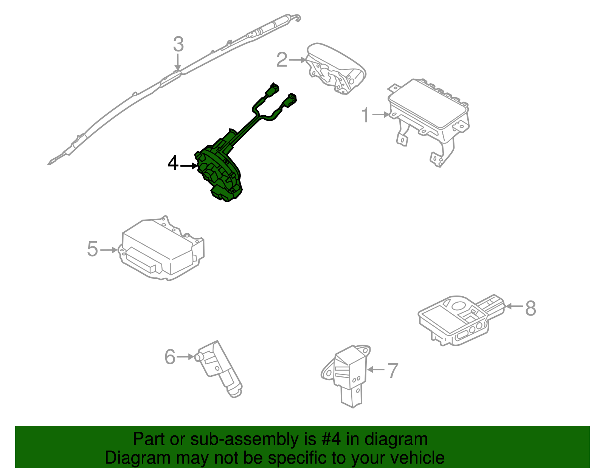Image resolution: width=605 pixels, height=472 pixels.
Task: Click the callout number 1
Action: pyautogui.click(x=365, y=115)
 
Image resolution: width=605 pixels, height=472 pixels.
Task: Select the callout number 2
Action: pyautogui.click(x=282, y=60)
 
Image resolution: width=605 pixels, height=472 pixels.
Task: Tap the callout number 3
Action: pyautogui.click(x=178, y=44)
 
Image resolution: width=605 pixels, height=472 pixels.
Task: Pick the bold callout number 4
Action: pyautogui.click(x=173, y=164)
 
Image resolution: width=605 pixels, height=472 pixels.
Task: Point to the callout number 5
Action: pyautogui.click(x=93, y=249)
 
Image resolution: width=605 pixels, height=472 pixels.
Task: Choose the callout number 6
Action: pyautogui.click(x=170, y=357)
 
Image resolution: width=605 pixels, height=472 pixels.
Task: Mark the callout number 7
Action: pyautogui.click(x=393, y=370)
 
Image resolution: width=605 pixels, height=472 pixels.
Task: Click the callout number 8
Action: pyautogui.click(x=531, y=308)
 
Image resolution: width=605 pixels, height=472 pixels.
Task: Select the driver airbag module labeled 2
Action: pyautogui.click(x=335, y=68)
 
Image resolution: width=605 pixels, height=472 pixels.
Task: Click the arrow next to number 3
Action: pyautogui.click(x=178, y=62)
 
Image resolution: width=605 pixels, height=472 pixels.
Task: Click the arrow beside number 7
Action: pyautogui.click(x=376, y=369)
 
